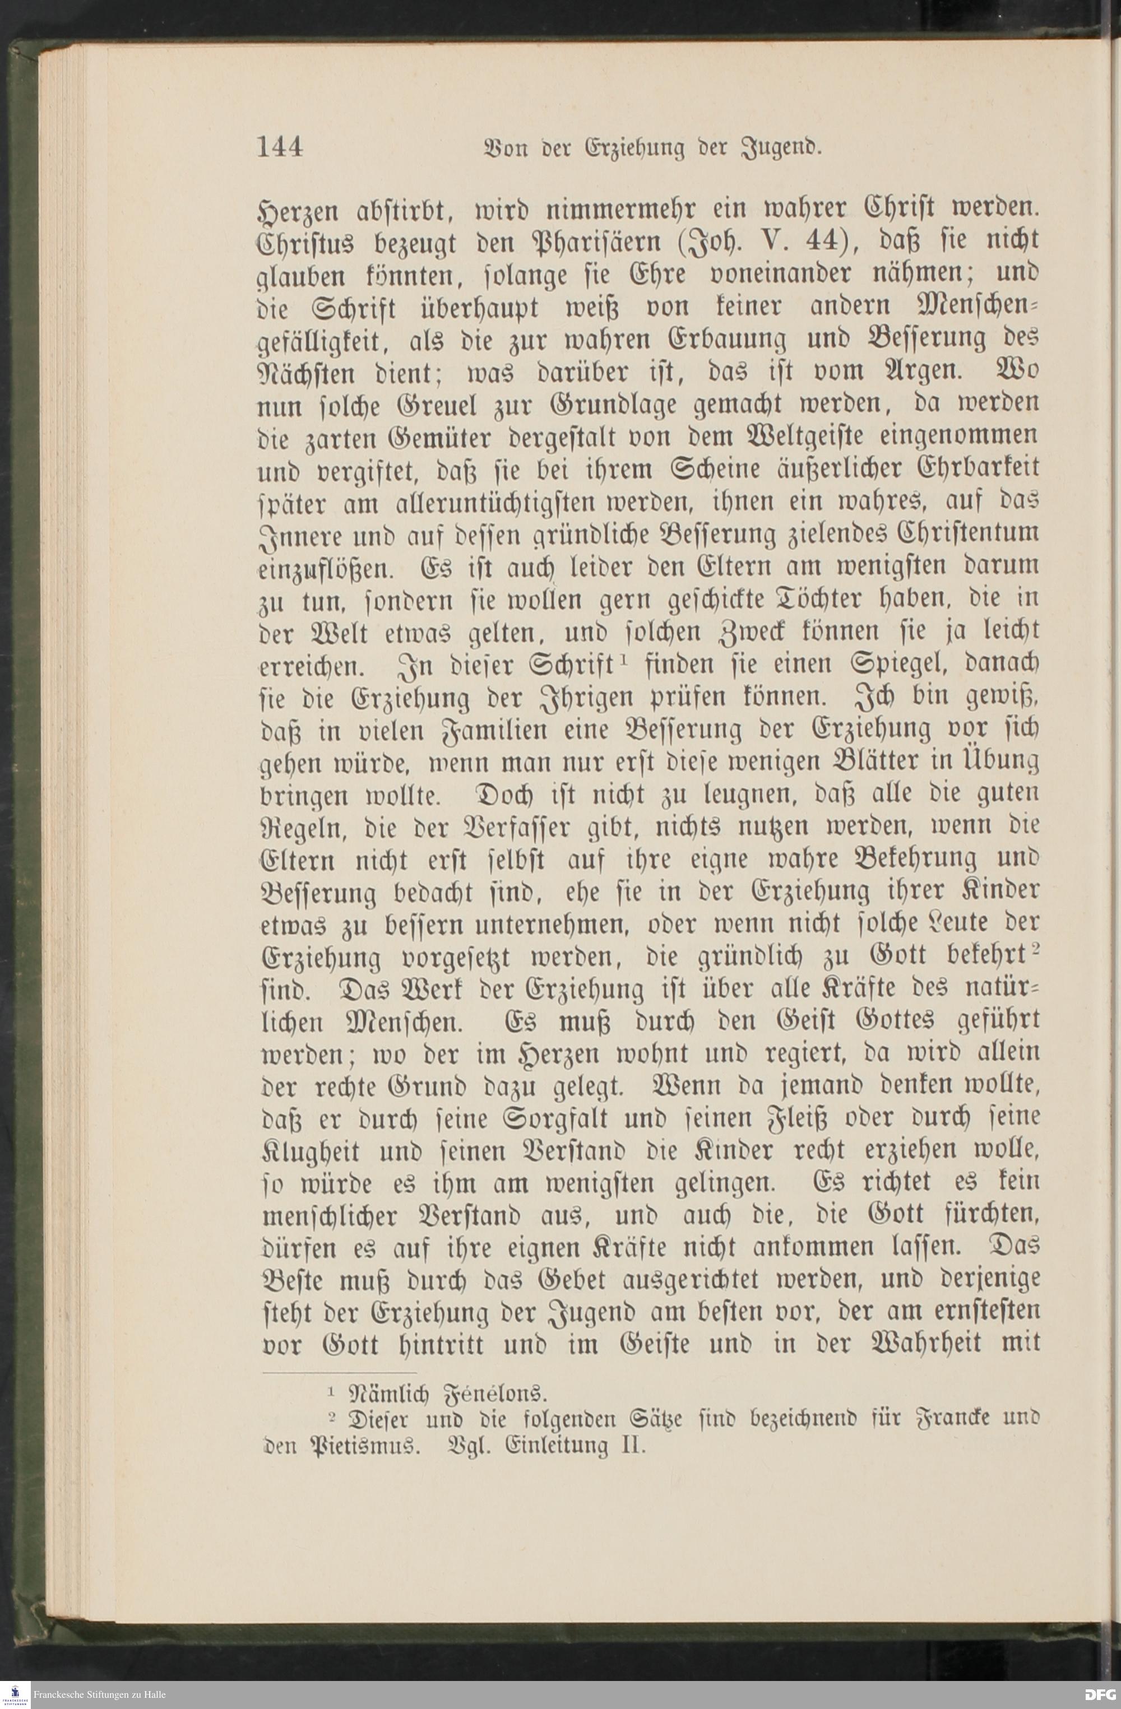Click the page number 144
click(x=280, y=147)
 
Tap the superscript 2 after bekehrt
click(x=1036, y=949)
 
